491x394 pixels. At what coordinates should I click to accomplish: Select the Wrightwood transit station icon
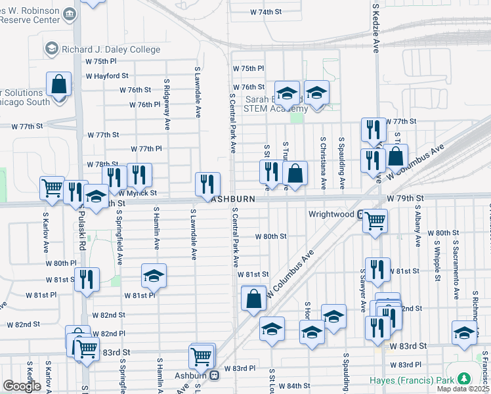point(362,214)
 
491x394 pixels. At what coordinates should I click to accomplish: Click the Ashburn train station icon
point(215,375)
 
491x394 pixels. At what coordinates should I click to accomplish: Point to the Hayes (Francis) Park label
point(423,380)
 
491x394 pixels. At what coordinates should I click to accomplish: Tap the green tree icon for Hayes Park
point(465,379)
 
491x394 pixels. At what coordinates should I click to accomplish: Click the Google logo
point(22,386)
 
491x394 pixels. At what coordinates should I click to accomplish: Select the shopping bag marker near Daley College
point(58,85)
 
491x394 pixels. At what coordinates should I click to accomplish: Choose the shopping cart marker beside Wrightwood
point(375,221)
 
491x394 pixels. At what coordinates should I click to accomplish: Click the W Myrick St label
point(138,193)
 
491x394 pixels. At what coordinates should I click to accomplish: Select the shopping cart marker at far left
point(52,188)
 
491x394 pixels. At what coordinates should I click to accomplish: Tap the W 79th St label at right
point(406,198)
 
